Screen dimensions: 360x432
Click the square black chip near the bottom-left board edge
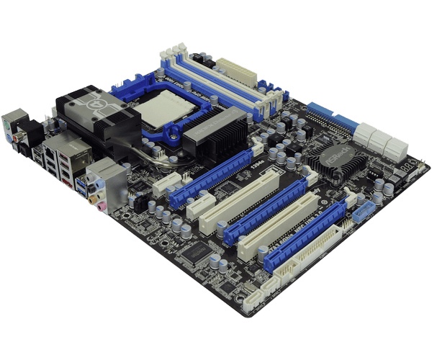click(193, 251)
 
